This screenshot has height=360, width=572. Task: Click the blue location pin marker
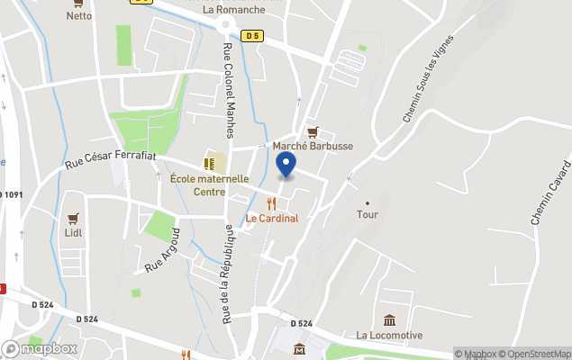[x=286, y=165]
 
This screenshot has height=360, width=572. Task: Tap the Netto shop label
[x=78, y=15]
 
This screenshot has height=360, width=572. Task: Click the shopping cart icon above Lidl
[x=73, y=218]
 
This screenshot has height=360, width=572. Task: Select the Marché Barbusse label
[x=313, y=146]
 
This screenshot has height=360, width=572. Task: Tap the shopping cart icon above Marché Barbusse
[x=313, y=131]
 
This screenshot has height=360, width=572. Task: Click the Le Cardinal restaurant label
[x=272, y=218]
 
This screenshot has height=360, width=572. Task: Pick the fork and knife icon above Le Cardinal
[x=272, y=203]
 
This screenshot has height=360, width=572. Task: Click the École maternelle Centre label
[x=209, y=184]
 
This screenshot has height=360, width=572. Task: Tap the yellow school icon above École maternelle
[x=209, y=164]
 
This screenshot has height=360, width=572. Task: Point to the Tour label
[x=367, y=215]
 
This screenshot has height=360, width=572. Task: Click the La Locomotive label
[x=388, y=336]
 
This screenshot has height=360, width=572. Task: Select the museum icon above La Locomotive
[x=388, y=321]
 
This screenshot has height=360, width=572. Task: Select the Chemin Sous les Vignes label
[x=431, y=85]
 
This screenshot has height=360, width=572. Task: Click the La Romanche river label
[x=234, y=10]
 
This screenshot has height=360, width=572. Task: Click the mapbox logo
[x=40, y=348]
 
